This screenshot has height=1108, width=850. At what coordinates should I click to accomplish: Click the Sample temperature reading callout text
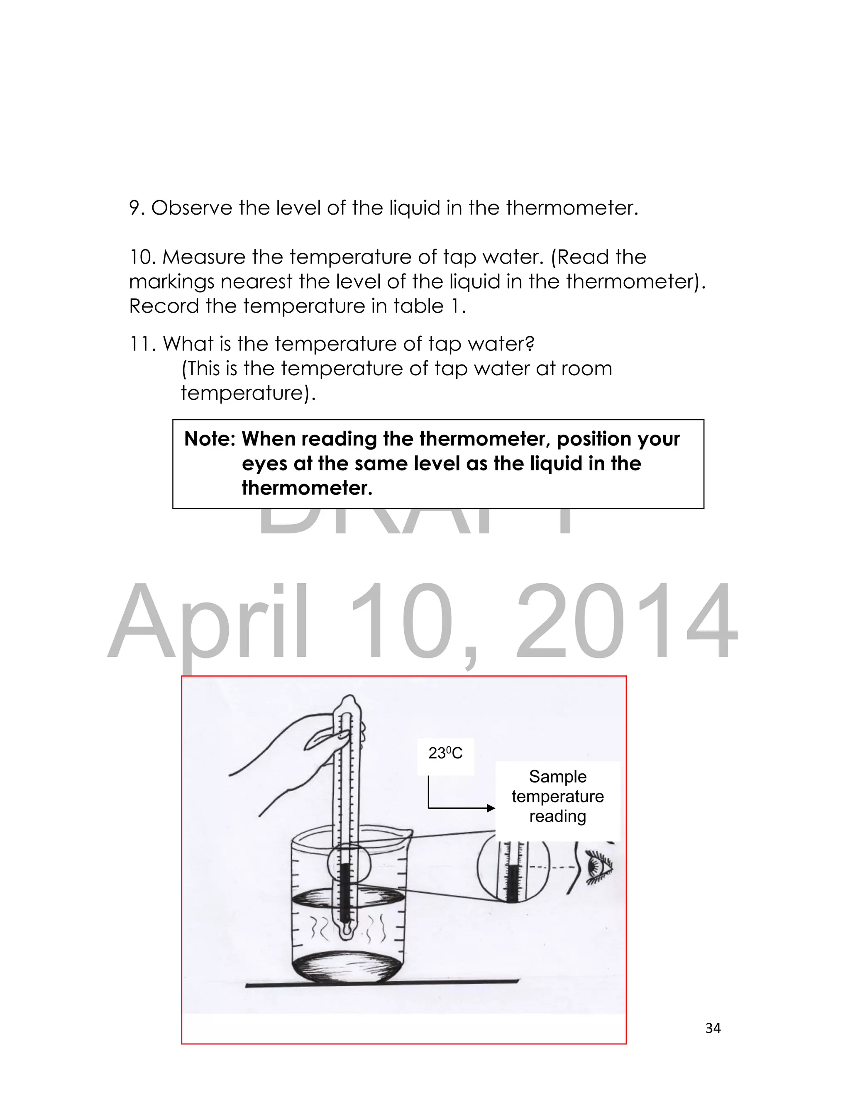557,796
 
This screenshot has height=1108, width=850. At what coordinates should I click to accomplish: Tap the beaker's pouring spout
408,832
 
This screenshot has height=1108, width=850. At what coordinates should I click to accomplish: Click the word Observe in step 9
191,208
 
